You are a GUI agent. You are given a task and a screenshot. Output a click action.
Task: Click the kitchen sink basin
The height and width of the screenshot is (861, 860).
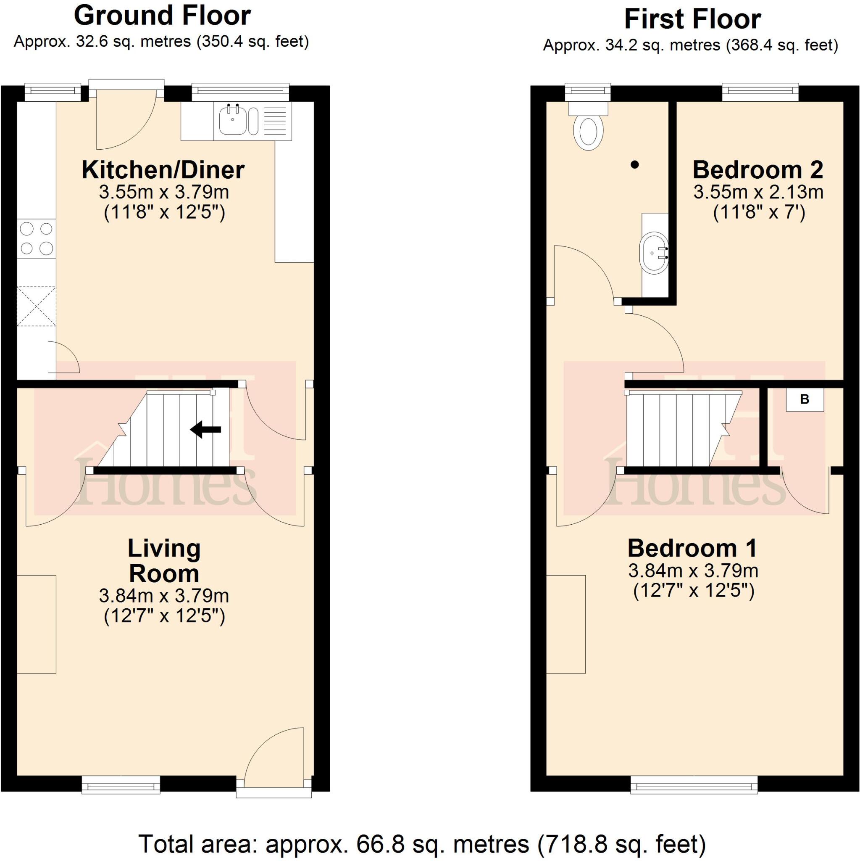coord(231,120)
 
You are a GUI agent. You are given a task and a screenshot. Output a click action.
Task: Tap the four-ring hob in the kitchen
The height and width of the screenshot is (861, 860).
coord(37,238)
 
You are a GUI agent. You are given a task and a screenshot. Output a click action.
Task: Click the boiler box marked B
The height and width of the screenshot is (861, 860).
coord(804,399)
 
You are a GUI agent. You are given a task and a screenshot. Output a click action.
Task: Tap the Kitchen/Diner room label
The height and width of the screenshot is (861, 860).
coord(163,170)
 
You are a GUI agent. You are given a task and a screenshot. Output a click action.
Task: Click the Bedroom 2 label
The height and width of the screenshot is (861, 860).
coord(757,170)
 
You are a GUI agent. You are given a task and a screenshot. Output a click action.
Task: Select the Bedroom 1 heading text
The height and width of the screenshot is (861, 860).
coord(692,548)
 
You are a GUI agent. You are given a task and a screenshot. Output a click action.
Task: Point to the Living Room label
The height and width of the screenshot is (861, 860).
coord(164,561)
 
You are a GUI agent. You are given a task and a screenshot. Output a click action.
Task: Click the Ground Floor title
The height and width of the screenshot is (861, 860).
coord(162,16)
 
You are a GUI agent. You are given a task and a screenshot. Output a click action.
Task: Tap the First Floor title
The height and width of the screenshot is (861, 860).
coord(692,20)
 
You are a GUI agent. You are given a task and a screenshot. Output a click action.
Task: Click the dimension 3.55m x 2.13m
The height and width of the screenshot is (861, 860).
coord(758,193)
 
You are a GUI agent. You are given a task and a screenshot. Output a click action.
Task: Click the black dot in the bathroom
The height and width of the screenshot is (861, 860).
coord(635,165)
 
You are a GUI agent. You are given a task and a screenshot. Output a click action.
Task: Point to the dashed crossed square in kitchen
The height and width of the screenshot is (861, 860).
coord(37,306)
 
